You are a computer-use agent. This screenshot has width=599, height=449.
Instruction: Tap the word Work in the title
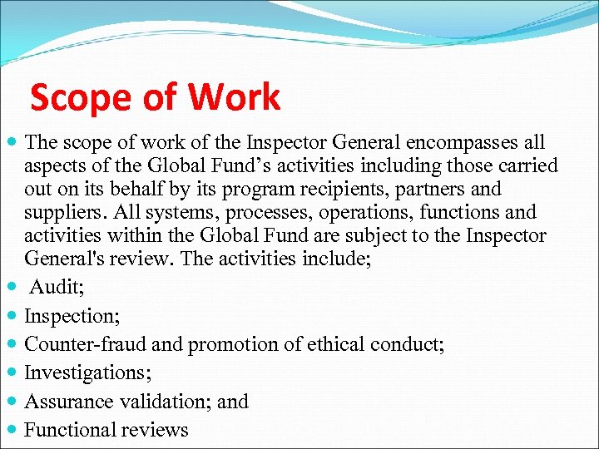tap(234, 98)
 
